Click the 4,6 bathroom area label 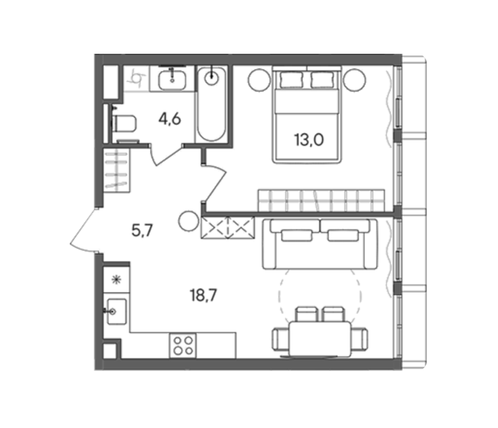click(x=170, y=120)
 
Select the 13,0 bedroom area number click(x=309, y=139)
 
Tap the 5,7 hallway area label click(x=143, y=231)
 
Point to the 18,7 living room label click(x=203, y=295)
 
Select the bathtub click(x=212, y=104)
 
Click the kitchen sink click(x=117, y=311)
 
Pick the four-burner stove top click(x=183, y=345)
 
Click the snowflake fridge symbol click(x=116, y=279)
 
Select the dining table click(x=320, y=339)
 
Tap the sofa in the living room click(x=320, y=244)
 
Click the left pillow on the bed click(x=291, y=79)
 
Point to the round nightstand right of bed click(x=355, y=80)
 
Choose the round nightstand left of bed click(x=260, y=80)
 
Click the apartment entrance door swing click(x=83, y=231)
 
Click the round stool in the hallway click(x=188, y=221)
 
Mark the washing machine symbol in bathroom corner click(x=136, y=79)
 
